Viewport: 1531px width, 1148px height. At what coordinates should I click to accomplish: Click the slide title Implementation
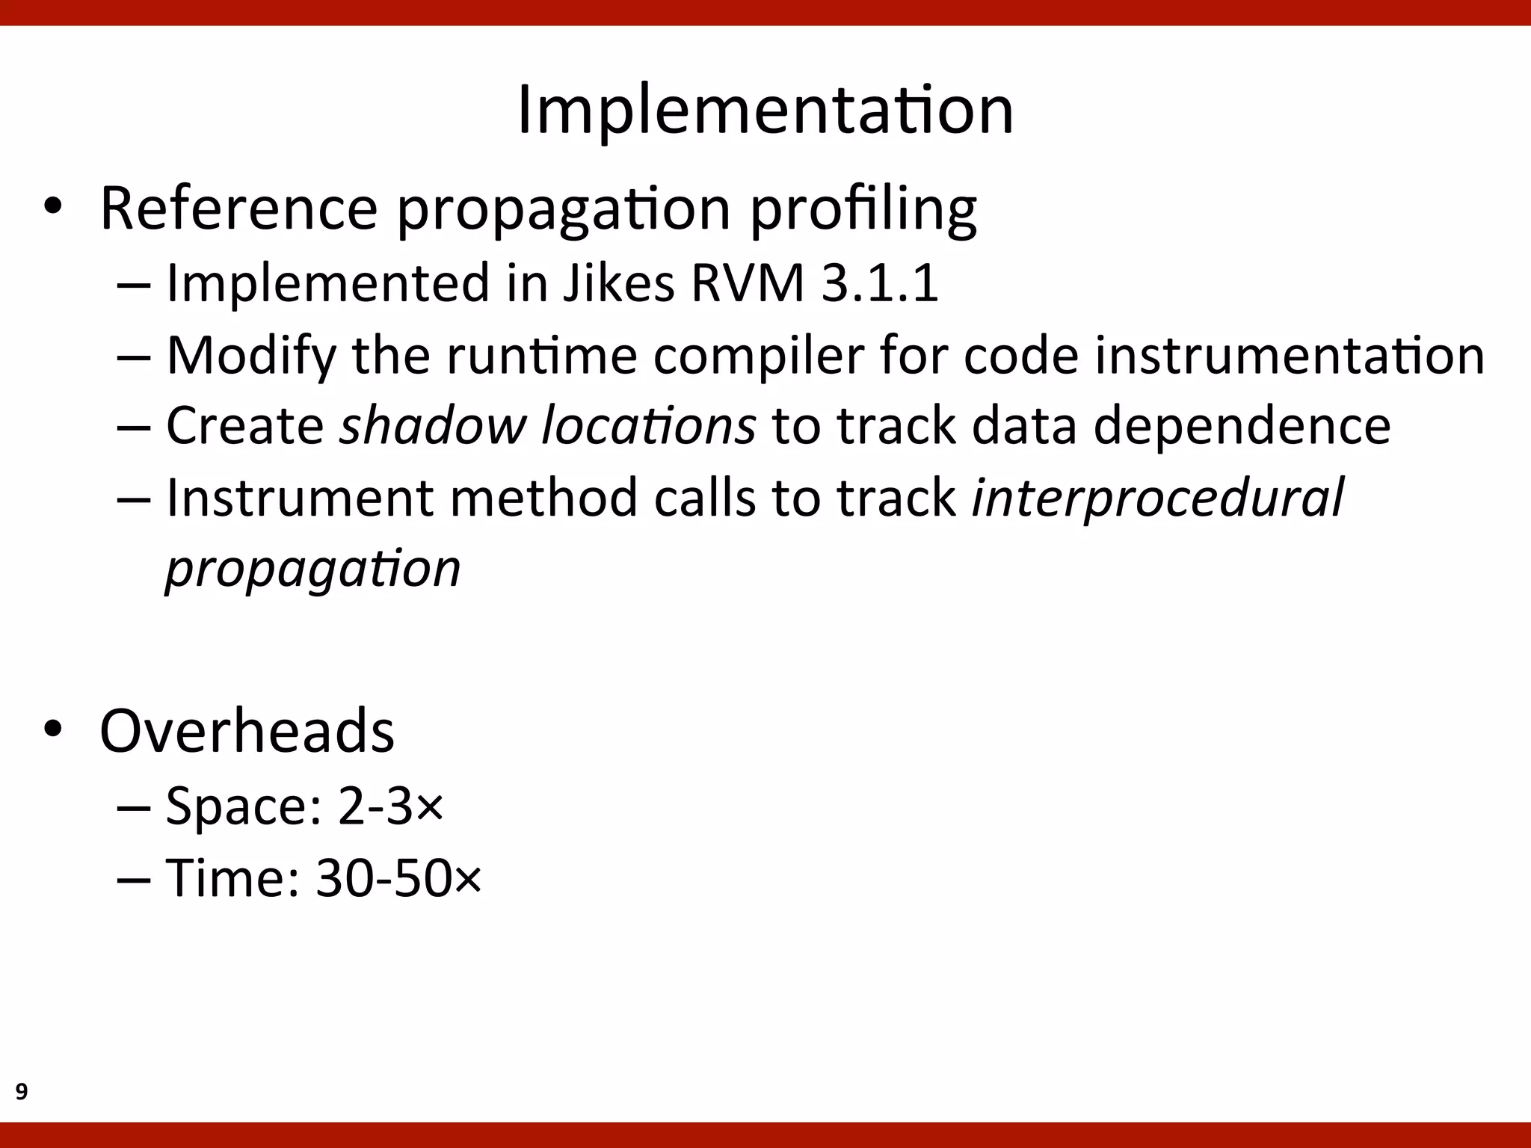(x=765, y=110)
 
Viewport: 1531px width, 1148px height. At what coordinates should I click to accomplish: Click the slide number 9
(x=22, y=1092)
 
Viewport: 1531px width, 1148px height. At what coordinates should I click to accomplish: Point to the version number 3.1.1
(x=879, y=283)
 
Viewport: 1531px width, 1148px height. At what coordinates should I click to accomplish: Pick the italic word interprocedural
(x=1156, y=497)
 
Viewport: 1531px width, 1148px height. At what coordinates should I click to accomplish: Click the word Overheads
(x=247, y=730)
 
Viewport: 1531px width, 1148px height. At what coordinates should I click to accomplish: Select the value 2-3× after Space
(x=390, y=806)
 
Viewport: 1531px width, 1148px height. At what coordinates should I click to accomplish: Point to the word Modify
(x=251, y=355)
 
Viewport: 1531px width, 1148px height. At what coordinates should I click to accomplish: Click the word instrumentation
(x=1290, y=355)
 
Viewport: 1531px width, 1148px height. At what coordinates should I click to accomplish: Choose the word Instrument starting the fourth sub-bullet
(x=299, y=497)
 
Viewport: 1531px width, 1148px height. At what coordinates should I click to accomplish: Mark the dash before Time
(x=134, y=879)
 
